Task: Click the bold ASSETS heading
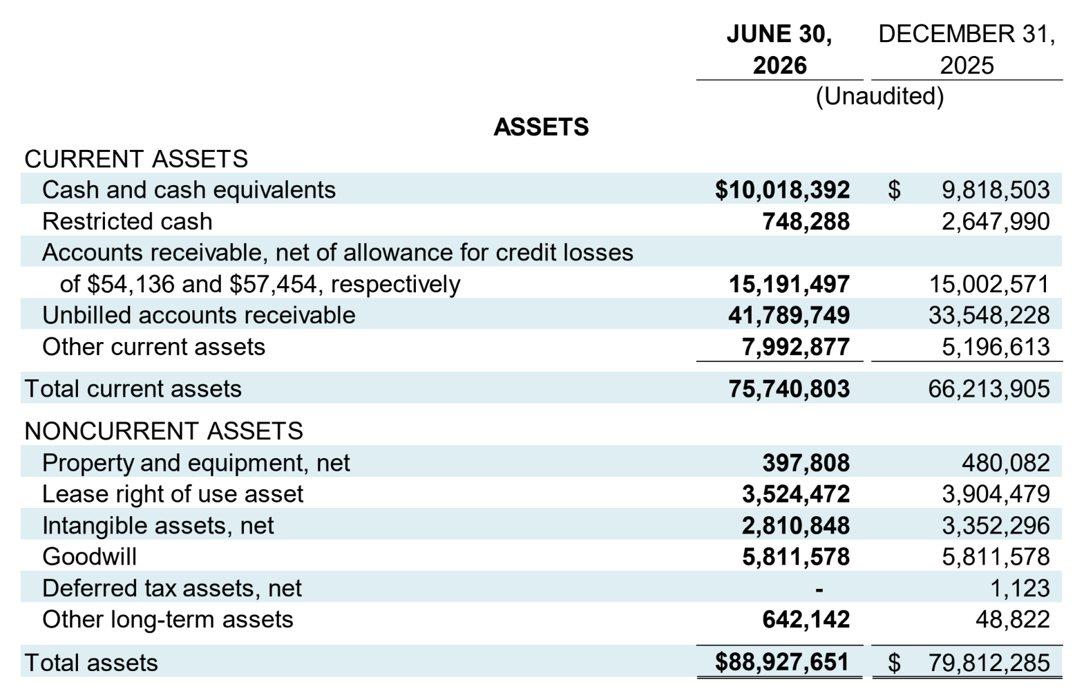541,127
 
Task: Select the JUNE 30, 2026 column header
779,49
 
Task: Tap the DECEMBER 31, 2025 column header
967,49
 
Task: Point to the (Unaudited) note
879,96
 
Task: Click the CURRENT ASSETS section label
136,159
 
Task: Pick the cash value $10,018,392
783,190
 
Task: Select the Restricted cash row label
127,221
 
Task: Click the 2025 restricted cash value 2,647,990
996,221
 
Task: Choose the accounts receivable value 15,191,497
789,284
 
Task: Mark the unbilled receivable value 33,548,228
989,316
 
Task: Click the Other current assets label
154,347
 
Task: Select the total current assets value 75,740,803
789,388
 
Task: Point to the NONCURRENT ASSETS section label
164,431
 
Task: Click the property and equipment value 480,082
1006,463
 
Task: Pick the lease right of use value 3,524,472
796,494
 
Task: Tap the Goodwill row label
90,556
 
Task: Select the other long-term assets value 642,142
806,620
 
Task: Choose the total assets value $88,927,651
783,662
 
